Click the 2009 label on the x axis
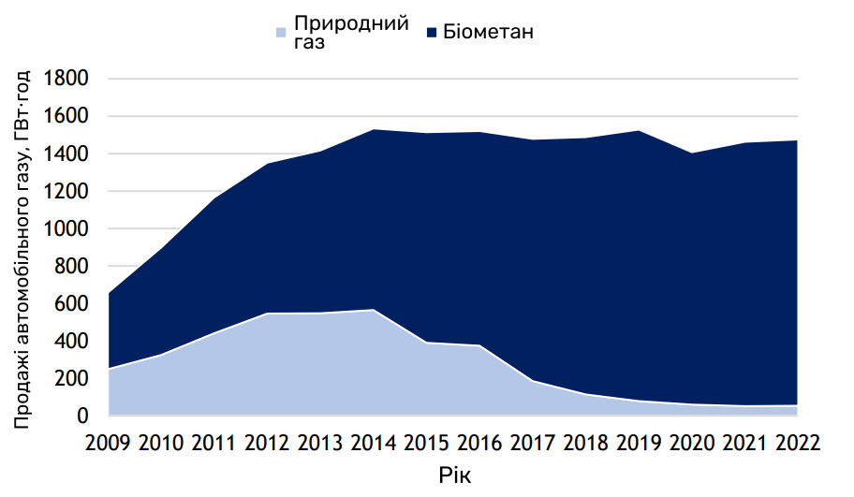point(108,443)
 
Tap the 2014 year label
point(374,443)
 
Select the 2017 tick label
point(533,443)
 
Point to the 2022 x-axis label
point(798,443)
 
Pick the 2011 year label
point(214,443)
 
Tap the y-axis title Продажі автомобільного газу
point(22,249)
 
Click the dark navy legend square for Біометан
point(433,34)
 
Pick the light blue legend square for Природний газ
point(280,34)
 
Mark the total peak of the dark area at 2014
point(374,130)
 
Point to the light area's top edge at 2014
point(374,310)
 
